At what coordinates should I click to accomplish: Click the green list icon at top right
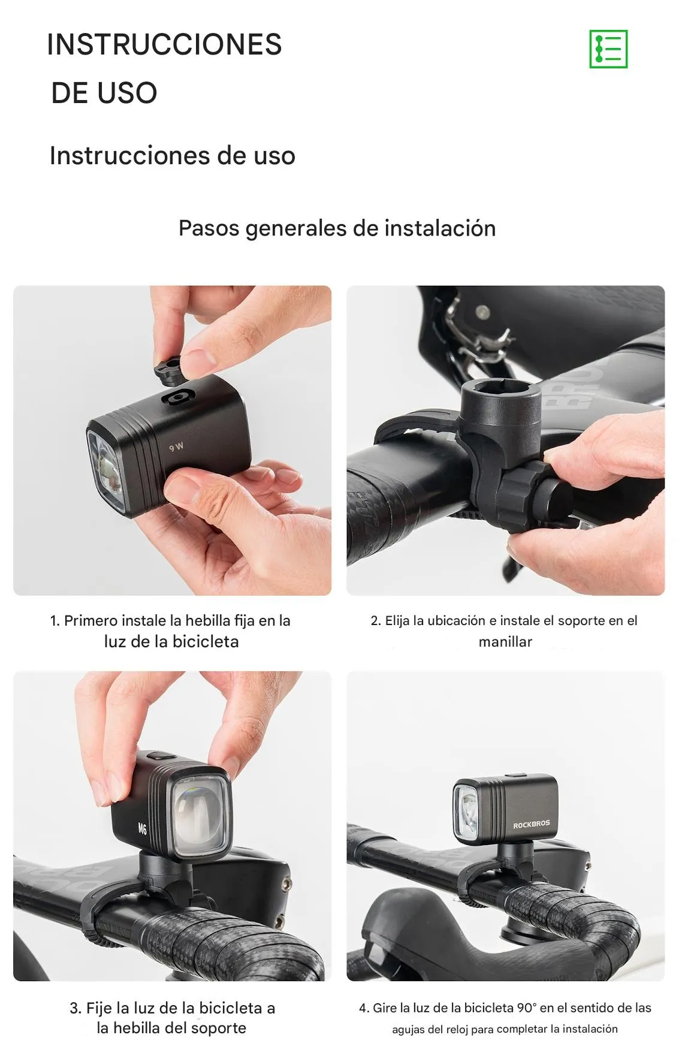(x=608, y=49)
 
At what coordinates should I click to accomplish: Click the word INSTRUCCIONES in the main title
(x=164, y=45)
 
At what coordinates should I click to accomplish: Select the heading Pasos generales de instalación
(x=337, y=228)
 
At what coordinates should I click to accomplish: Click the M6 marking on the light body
(x=142, y=829)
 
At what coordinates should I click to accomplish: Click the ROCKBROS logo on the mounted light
(x=531, y=825)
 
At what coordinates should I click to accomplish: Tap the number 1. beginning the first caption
(x=55, y=621)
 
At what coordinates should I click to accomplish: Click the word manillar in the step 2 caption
(x=505, y=642)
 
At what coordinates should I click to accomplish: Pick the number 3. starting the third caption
(x=75, y=1008)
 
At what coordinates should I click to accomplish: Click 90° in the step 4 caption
(x=526, y=1008)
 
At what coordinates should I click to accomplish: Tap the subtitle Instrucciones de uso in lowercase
(x=172, y=156)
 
